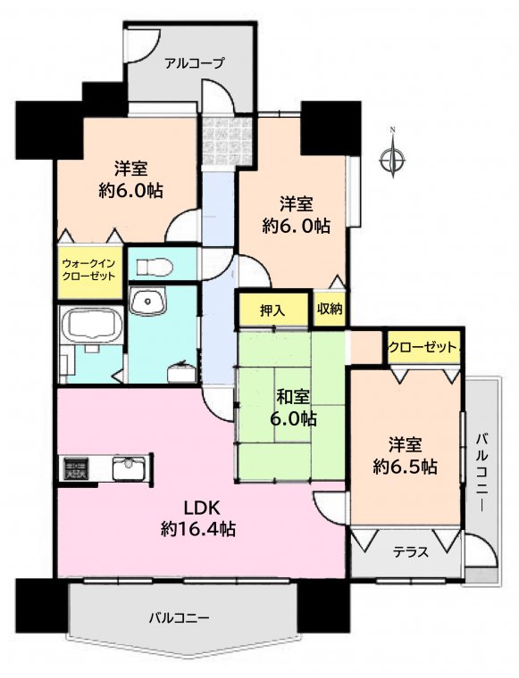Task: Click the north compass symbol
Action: tap(393, 159)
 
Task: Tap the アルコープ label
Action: tap(195, 63)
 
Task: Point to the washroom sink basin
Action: tap(147, 301)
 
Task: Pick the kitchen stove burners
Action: tap(76, 467)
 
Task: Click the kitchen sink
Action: tap(129, 468)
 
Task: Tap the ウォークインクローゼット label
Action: tap(88, 269)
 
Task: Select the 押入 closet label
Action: tap(272, 310)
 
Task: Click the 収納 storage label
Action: tap(330, 309)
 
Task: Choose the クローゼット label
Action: tap(423, 347)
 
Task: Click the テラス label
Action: tap(411, 552)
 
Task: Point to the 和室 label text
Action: tap(293, 396)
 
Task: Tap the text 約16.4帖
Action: tap(198, 528)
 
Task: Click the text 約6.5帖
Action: tap(405, 467)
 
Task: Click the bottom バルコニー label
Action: tap(180, 617)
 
